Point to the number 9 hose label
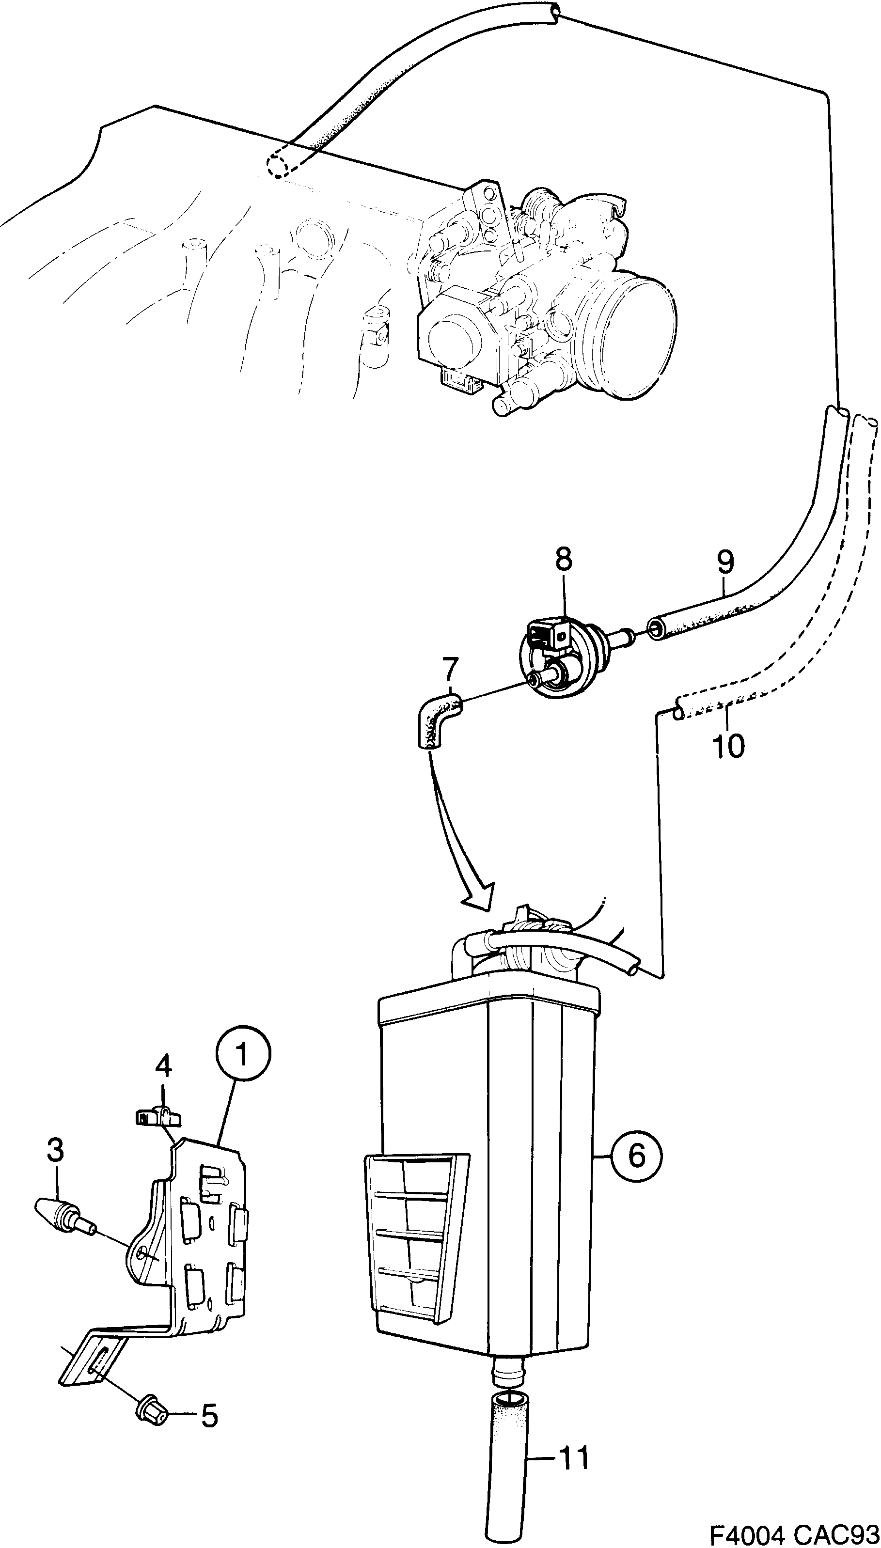click(x=725, y=562)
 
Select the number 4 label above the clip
click(x=163, y=1066)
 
